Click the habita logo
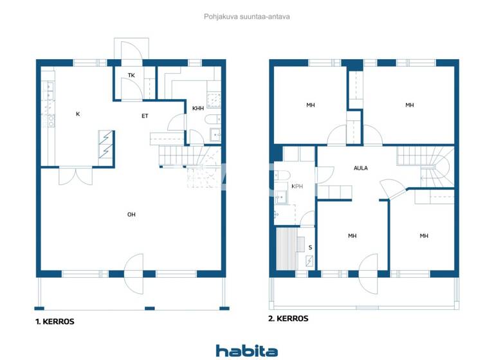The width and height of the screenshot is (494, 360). pyautogui.click(x=246, y=350)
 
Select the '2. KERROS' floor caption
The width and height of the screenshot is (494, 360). pyautogui.click(x=288, y=318)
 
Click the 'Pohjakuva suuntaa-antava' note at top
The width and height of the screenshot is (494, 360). pyautogui.click(x=247, y=17)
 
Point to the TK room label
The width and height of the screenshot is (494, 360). pyautogui.click(x=131, y=75)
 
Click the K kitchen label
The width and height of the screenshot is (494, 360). pyautogui.click(x=78, y=114)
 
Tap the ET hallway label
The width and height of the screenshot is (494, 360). pyautogui.click(x=146, y=116)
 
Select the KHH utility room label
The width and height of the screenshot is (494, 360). pyautogui.click(x=197, y=109)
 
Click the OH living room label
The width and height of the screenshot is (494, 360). pyautogui.click(x=131, y=214)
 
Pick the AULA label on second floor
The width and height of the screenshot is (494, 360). pyautogui.click(x=361, y=168)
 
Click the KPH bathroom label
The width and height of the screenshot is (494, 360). pyautogui.click(x=297, y=186)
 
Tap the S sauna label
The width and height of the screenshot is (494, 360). pyautogui.click(x=310, y=247)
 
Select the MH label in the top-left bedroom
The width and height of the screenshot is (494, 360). pyautogui.click(x=310, y=105)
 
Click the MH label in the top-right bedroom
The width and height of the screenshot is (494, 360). pyautogui.click(x=409, y=105)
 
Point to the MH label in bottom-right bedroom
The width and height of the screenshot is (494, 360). pyautogui.click(x=424, y=236)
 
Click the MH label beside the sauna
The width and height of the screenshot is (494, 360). pyautogui.click(x=352, y=236)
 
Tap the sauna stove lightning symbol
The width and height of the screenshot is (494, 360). pyautogui.click(x=310, y=261)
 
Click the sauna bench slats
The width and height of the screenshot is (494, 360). pyautogui.click(x=288, y=249)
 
